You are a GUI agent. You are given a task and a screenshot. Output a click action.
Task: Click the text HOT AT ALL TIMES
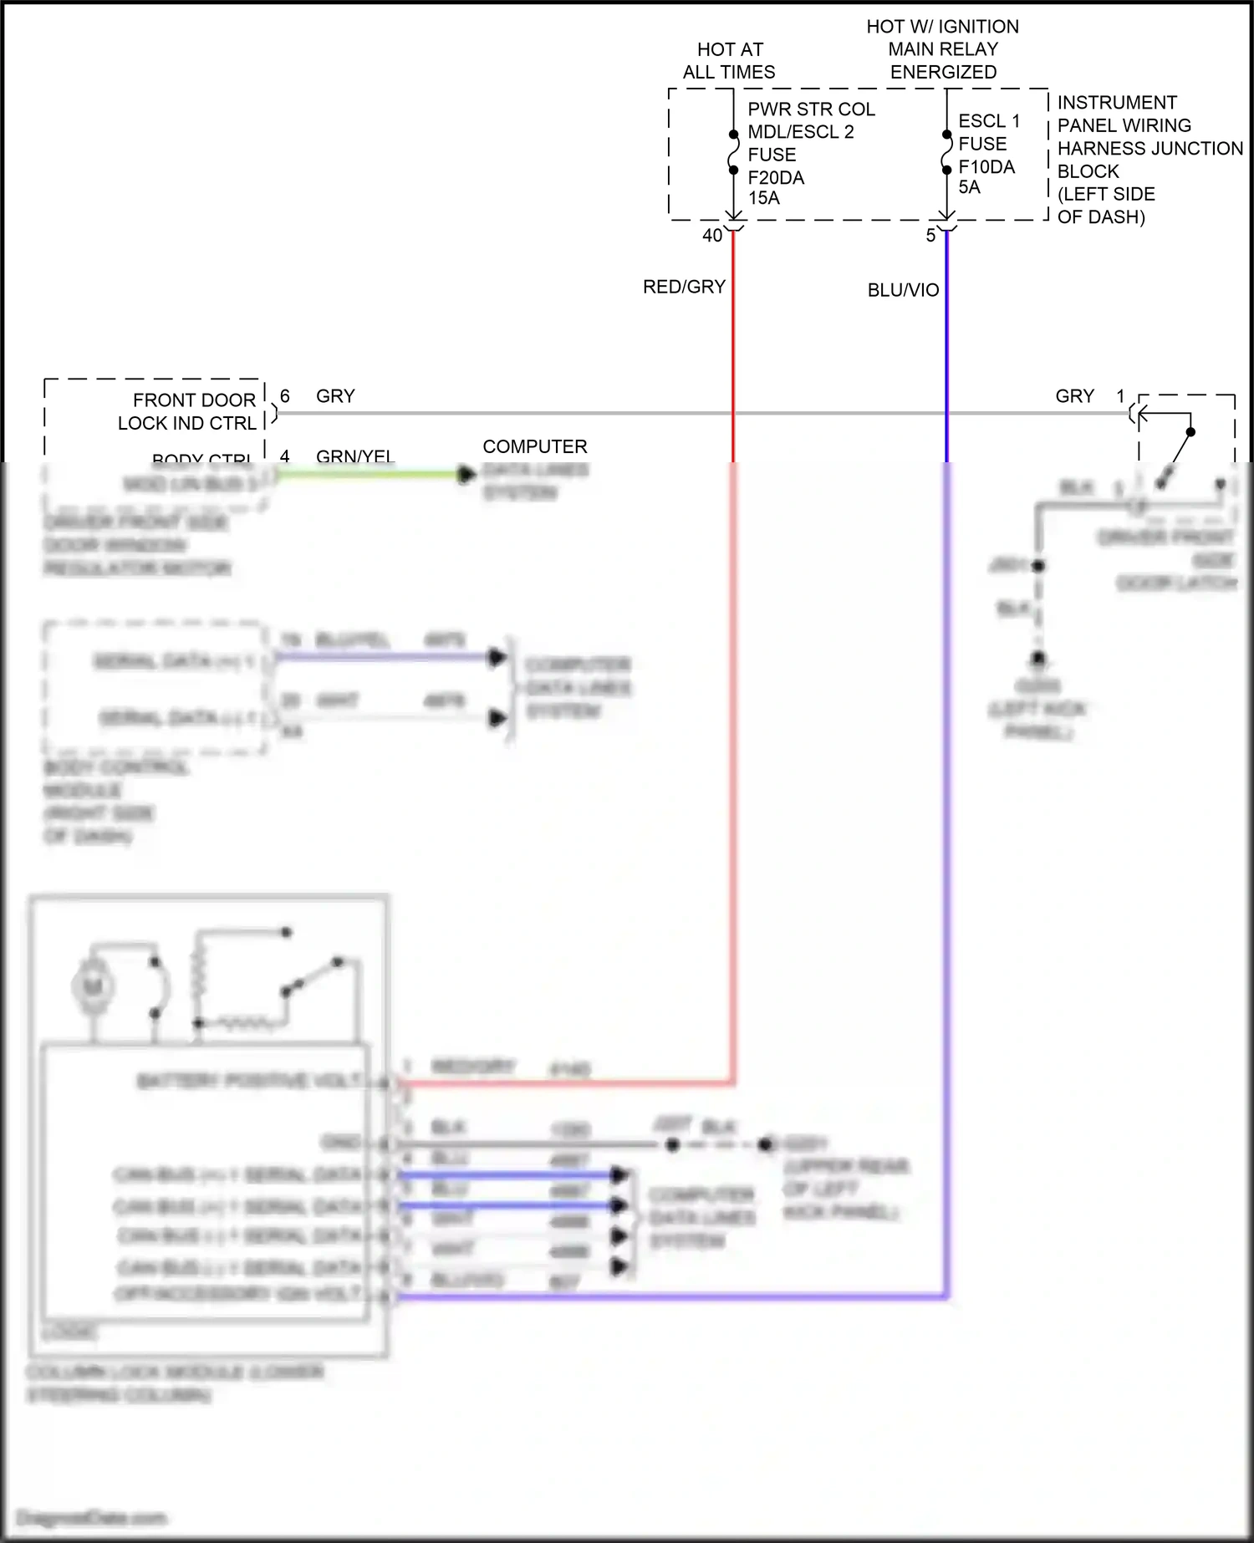pyautogui.click(x=729, y=61)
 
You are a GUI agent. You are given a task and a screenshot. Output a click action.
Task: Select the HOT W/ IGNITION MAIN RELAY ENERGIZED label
pyautogui.click(x=942, y=49)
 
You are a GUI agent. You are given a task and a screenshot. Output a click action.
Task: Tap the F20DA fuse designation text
pyautogui.click(x=775, y=177)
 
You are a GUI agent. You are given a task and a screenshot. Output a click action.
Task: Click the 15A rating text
pyautogui.click(x=763, y=198)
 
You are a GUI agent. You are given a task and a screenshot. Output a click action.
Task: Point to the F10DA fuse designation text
pyautogui.click(x=986, y=167)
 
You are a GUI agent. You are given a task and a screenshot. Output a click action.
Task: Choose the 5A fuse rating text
pyautogui.click(x=969, y=187)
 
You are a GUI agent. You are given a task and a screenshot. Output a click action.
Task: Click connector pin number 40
pyautogui.click(x=711, y=236)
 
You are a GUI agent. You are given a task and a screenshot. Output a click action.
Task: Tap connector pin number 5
pyautogui.click(x=930, y=236)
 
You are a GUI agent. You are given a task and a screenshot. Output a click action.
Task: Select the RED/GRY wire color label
pyautogui.click(x=684, y=287)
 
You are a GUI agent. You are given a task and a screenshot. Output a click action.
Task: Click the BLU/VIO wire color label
pyautogui.click(x=903, y=290)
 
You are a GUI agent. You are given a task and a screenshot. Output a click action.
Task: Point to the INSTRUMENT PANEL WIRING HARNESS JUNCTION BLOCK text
pyautogui.click(x=1149, y=160)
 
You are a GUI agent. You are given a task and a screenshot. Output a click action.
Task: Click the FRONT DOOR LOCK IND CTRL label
pyautogui.click(x=187, y=411)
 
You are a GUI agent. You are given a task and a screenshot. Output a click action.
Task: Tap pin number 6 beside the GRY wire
pyautogui.click(x=285, y=396)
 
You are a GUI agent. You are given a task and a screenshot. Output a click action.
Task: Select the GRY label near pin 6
pyautogui.click(x=335, y=396)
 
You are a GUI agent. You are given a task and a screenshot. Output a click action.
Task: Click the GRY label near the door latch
pyautogui.click(x=1074, y=396)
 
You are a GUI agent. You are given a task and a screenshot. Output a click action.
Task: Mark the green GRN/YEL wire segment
pyautogui.click(x=368, y=475)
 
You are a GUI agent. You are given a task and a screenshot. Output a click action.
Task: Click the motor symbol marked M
pyautogui.click(x=93, y=986)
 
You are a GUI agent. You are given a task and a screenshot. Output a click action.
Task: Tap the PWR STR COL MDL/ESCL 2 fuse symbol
pyautogui.click(x=733, y=152)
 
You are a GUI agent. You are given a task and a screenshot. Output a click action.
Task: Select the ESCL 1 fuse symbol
pyautogui.click(x=946, y=152)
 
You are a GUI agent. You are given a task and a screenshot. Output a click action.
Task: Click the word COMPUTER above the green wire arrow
pyautogui.click(x=535, y=446)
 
